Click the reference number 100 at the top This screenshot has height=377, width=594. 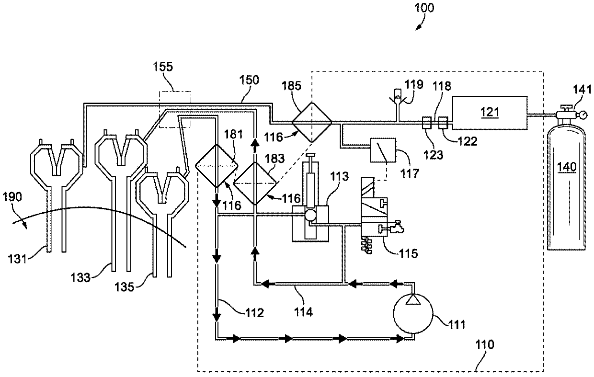tap(424, 8)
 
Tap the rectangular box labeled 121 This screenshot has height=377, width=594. tap(490, 113)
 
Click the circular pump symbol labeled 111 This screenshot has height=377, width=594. tap(413, 313)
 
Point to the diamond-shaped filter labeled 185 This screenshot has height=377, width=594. tap(311, 123)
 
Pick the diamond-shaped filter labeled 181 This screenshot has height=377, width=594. tap(217, 166)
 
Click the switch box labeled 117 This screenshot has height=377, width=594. tap(383, 150)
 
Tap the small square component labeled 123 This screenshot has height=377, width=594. tap(427, 123)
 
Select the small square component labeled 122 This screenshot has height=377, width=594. tap(443, 123)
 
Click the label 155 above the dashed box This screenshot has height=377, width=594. tap(163, 67)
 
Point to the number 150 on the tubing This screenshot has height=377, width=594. tap(249, 80)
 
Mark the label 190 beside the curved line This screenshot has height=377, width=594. tap(12, 197)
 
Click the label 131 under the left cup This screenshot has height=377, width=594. tap(18, 259)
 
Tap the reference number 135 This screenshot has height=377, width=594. tap(125, 287)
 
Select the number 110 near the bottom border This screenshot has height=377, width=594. tap(485, 344)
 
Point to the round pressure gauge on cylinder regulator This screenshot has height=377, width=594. tap(584, 115)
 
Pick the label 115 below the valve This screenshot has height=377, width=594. tap(408, 254)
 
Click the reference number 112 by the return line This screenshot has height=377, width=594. tap(254, 313)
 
